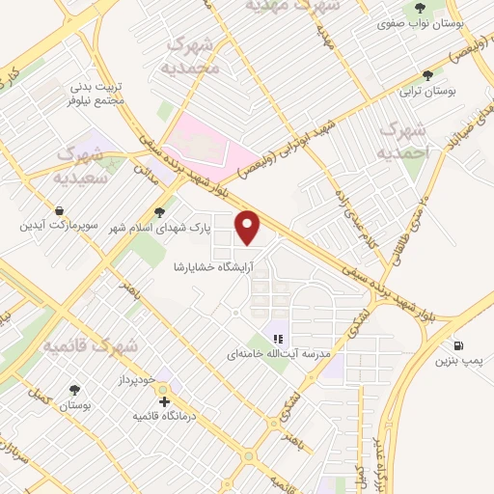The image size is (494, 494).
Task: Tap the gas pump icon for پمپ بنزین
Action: pyautogui.click(x=456, y=345)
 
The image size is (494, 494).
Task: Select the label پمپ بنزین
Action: pyautogui.click(x=457, y=362)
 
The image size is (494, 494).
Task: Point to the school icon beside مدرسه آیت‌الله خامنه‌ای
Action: pyautogui.click(x=277, y=339)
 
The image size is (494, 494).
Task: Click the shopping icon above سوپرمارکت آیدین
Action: pyautogui.click(x=60, y=210)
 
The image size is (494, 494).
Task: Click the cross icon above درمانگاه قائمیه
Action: pyautogui.click(x=165, y=400)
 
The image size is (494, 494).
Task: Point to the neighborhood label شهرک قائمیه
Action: pyautogui.click(x=94, y=343)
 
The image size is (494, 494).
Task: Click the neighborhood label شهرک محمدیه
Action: pyautogui.click(x=194, y=55)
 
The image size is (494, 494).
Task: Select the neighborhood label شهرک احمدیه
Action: pyautogui.click(x=401, y=141)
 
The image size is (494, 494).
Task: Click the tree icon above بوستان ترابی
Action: pyautogui.click(x=427, y=74)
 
